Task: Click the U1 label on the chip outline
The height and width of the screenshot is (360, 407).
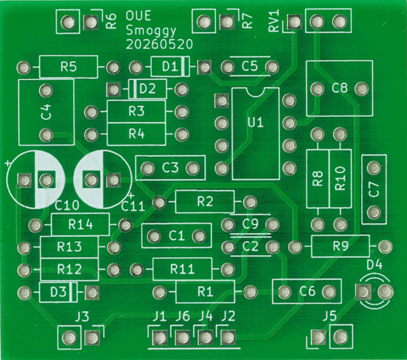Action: point(256,122)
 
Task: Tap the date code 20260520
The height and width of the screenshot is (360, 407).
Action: point(159,44)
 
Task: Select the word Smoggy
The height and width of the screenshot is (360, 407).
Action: point(151,31)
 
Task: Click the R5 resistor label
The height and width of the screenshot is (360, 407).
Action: point(68,67)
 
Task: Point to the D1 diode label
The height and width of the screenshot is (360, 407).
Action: point(170,67)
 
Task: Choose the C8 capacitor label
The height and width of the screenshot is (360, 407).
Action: point(339,88)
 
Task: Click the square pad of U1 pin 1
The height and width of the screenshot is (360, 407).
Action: point(222,101)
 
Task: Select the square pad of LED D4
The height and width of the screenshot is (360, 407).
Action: point(363,292)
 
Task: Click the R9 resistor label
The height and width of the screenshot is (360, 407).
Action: point(341,246)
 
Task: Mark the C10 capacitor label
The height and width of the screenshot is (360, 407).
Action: point(67,206)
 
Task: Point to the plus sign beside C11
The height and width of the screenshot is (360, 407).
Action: point(131,195)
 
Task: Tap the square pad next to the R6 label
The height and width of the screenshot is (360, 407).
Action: point(91,22)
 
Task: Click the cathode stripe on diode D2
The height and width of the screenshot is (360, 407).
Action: point(133,89)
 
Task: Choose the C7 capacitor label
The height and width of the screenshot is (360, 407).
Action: point(374,189)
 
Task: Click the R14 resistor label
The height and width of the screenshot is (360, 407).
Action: point(81,224)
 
